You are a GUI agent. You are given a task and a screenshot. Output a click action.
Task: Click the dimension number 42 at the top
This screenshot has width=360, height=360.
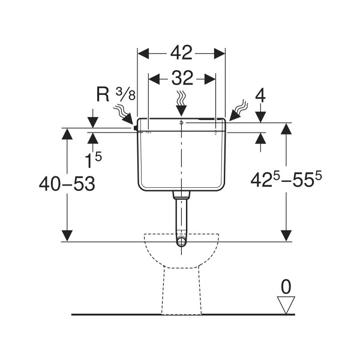181,53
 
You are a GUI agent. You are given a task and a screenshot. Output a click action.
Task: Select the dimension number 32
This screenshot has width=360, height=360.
181,78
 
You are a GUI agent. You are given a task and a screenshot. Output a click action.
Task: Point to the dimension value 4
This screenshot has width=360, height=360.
260,95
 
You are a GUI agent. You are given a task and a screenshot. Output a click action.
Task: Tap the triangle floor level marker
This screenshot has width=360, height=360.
287,304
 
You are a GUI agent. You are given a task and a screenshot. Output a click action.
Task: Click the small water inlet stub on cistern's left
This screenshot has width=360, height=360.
136,127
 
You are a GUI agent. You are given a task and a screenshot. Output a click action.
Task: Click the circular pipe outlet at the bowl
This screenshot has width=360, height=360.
181,242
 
